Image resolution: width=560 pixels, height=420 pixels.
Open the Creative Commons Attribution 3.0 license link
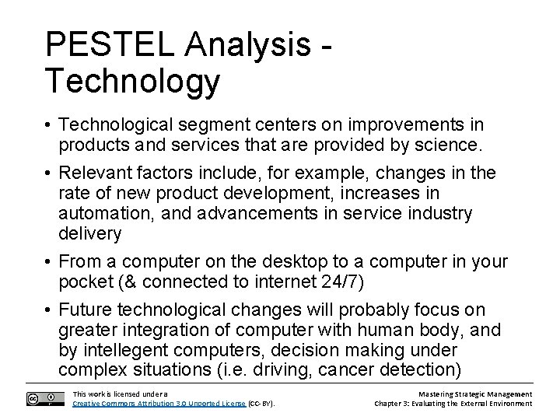[159, 404]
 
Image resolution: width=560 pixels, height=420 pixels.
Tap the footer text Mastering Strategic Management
[474, 394]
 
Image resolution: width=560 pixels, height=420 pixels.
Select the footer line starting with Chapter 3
[453, 404]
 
